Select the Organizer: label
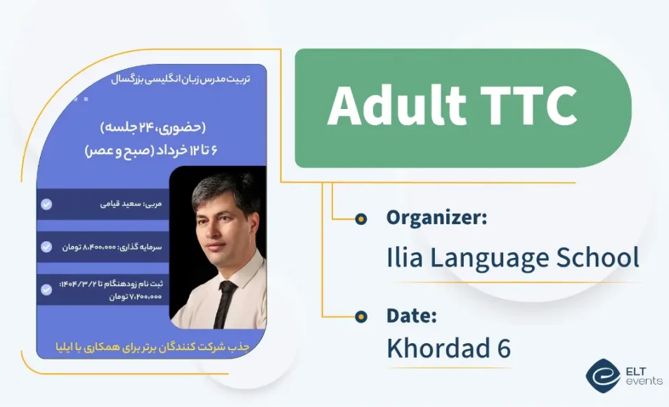point(436,218)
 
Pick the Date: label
point(412,316)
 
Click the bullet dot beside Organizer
point(361,219)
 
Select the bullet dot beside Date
point(361,316)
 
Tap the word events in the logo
point(644,381)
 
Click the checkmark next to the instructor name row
point(46,205)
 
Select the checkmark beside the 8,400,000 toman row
point(46,247)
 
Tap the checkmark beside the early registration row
point(46,289)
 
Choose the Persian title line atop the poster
point(180,79)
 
